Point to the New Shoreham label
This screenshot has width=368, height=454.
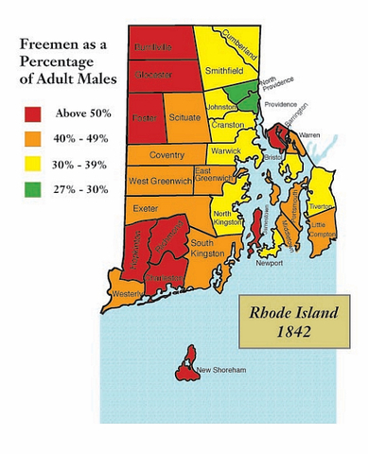(219, 369)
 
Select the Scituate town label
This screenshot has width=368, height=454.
(184, 117)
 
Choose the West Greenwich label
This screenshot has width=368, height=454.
(159, 179)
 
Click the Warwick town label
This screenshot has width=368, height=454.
(224, 150)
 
